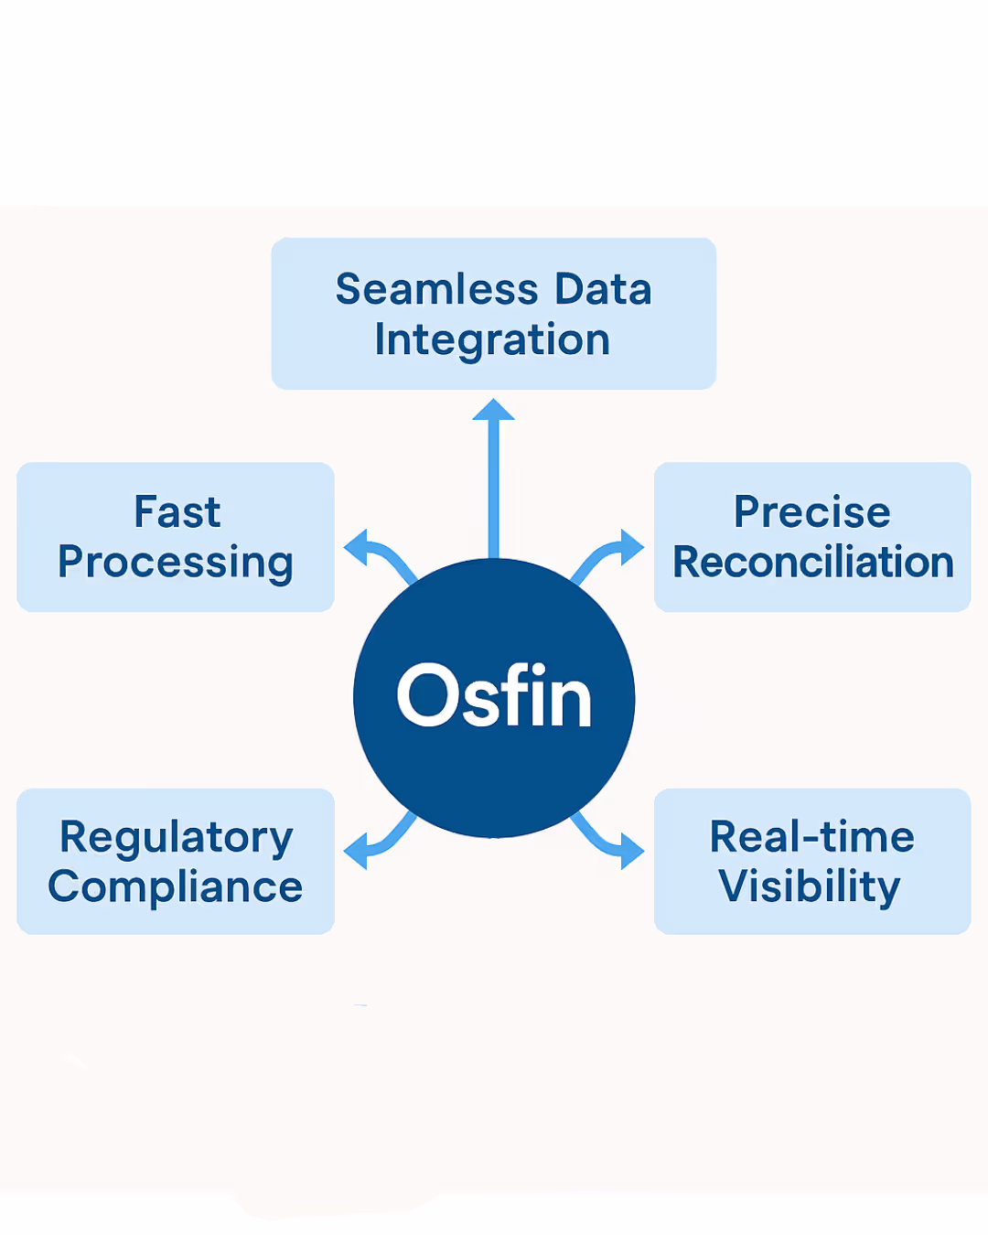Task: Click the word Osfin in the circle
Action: [x=494, y=694]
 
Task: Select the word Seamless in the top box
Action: [x=437, y=289]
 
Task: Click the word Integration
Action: [x=492, y=340]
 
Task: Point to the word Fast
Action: [x=177, y=511]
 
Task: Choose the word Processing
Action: [x=176, y=564]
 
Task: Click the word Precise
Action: [x=811, y=511]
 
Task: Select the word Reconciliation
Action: [x=813, y=562]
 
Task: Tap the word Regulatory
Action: [x=177, y=839]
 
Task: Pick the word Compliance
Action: [x=175, y=887]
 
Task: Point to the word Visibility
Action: [x=809, y=887]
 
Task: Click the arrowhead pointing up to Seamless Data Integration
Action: [x=493, y=410]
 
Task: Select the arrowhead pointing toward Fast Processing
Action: [x=355, y=547]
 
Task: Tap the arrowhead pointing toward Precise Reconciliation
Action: [x=632, y=547]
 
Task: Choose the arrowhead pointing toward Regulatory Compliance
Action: [x=355, y=851]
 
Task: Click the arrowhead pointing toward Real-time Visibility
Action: [x=632, y=851]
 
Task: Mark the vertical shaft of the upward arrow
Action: [x=493, y=489]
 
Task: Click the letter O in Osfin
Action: [x=427, y=694]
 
